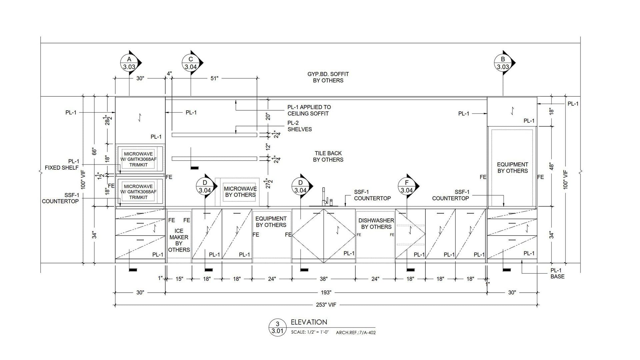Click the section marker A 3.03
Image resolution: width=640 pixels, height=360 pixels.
pos(129,63)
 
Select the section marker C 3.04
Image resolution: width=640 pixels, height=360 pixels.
pos(191,63)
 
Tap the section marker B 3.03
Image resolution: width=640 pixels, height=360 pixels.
pos(503,63)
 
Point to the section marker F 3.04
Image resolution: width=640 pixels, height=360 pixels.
pos(407,187)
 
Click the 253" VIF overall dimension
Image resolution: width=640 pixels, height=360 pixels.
pos(326,305)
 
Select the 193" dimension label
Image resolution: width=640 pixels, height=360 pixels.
pos(326,293)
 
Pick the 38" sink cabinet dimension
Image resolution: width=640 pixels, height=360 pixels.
pos(324,279)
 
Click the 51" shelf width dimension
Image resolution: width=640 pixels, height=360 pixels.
pos(214,78)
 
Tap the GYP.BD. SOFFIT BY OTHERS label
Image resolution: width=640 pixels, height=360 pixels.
pos(328,77)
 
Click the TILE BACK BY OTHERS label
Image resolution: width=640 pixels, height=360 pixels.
pos(328,156)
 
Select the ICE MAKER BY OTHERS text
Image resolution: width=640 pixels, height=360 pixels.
pos(179,240)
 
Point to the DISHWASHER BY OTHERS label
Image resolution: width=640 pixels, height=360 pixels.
pos(376,224)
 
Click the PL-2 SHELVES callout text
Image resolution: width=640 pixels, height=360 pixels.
pos(299,126)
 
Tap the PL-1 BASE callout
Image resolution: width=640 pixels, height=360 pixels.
pos(557,273)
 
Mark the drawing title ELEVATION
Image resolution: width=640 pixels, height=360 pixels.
pos(309,322)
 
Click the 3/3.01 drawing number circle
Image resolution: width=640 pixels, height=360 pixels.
pos(277,327)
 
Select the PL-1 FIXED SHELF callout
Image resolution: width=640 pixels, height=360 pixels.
pos(62,164)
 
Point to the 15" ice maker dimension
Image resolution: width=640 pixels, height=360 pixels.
pos(179,279)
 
